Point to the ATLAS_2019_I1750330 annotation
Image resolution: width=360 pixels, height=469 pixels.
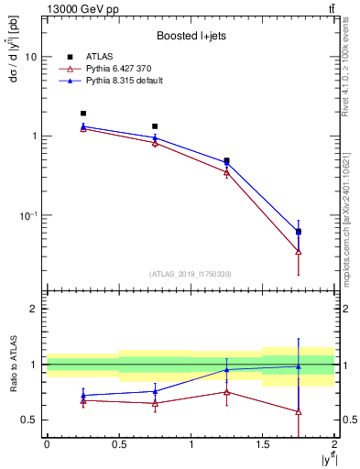tap(191, 274)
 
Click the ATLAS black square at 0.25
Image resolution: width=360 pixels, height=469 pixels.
tap(82, 114)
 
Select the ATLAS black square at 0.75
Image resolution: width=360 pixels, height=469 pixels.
tap(155, 126)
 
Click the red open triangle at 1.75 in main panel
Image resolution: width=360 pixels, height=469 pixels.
tap(299, 251)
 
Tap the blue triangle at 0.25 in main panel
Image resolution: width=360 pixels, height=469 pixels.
tap(82, 126)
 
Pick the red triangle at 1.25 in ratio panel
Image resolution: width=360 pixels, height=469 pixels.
tap(226, 392)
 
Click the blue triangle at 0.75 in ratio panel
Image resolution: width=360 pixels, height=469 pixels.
tap(155, 391)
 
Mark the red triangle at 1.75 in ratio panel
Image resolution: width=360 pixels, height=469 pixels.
tap(299, 411)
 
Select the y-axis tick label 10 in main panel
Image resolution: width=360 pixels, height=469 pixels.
tap(30, 57)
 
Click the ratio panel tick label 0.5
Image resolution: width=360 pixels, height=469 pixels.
tap(29, 420)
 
